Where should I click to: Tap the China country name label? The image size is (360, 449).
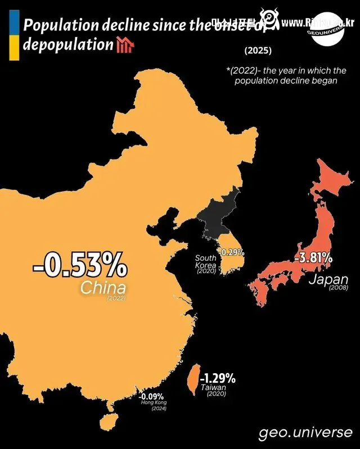[x=103, y=288]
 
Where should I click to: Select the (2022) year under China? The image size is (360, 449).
[x=116, y=298]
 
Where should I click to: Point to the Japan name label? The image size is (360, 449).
[x=328, y=279]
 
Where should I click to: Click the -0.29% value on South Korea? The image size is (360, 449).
[x=231, y=252]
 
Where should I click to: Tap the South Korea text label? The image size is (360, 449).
[x=205, y=261]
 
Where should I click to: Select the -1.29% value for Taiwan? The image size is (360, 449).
[x=218, y=377]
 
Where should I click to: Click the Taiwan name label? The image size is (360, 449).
[x=215, y=388]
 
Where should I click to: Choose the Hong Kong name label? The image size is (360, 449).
[x=154, y=403]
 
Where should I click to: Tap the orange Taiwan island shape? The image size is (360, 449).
[x=191, y=379]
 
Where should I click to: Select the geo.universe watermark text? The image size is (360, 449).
[x=305, y=433]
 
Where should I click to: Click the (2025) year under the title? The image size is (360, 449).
[x=258, y=51]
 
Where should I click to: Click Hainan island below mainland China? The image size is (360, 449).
[x=106, y=422]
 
